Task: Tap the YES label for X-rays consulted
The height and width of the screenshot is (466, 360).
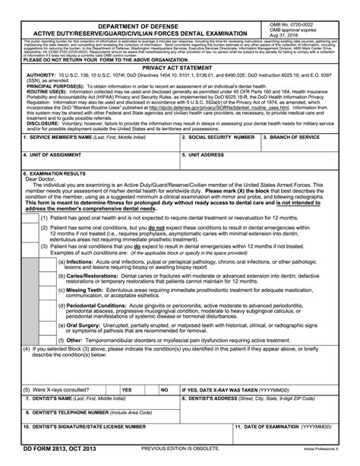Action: click(x=127, y=388)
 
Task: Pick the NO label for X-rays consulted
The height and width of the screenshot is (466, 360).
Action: click(x=165, y=388)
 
